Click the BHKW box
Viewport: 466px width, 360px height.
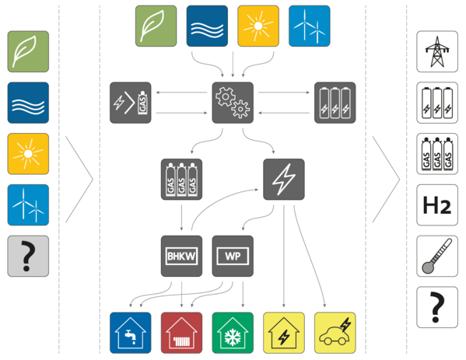click(181, 256)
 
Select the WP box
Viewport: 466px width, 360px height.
click(233, 256)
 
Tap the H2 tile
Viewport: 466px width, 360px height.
click(437, 205)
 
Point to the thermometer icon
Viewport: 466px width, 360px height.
click(437, 256)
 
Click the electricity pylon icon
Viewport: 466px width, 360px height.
click(437, 51)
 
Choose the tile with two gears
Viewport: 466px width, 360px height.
click(233, 103)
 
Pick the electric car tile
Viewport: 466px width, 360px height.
click(335, 333)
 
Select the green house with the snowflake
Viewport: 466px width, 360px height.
click(233, 333)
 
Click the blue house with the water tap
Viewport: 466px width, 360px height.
click(131, 333)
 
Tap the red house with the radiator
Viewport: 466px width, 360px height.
click(181, 333)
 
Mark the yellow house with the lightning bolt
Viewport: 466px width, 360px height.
click(284, 333)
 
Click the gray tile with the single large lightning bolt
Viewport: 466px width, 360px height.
click(284, 180)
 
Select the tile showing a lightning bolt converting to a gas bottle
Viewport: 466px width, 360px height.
click(131, 103)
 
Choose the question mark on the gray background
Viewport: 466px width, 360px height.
click(28, 256)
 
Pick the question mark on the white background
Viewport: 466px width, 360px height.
click(437, 307)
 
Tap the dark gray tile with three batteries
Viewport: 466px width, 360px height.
click(335, 103)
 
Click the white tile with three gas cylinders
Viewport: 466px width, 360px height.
click(437, 154)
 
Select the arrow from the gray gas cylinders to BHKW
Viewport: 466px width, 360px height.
click(181, 218)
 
